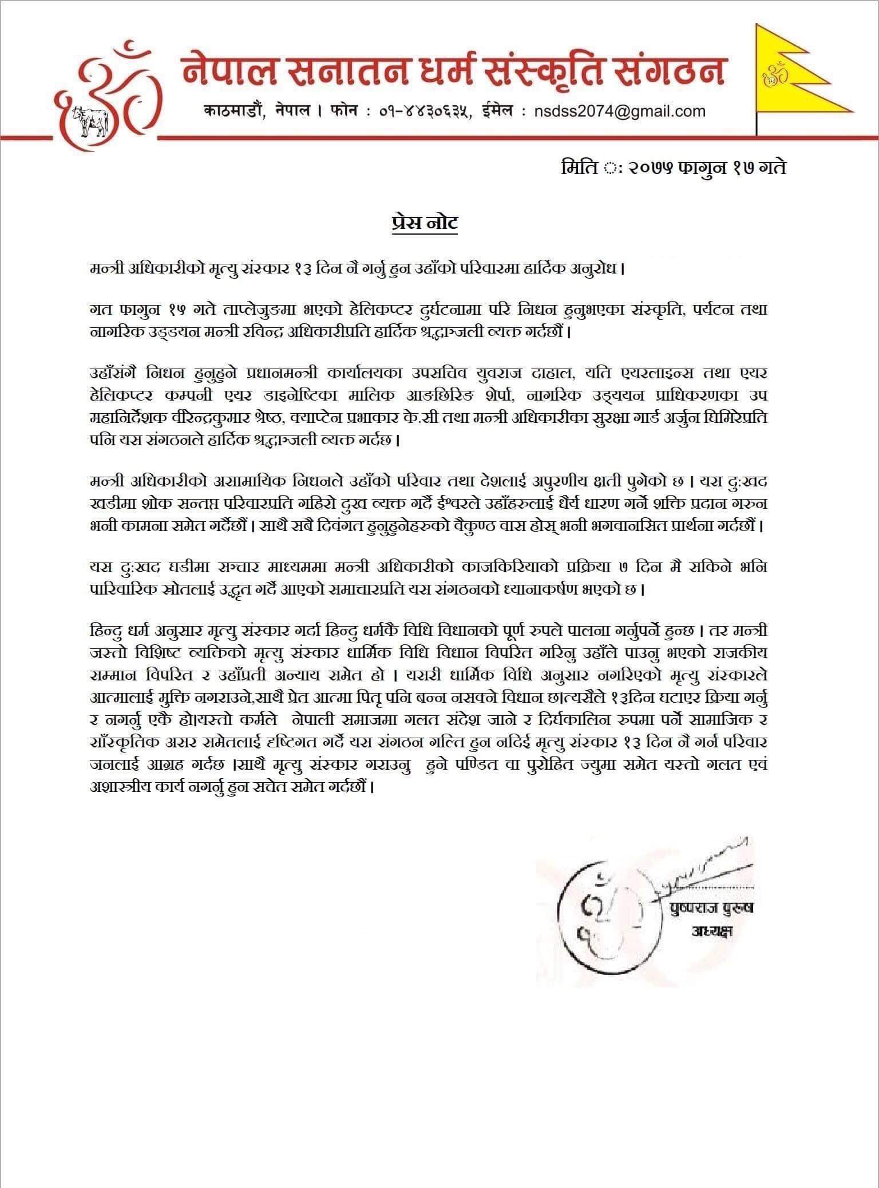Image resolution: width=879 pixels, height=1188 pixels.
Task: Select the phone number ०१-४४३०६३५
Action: tap(425, 111)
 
